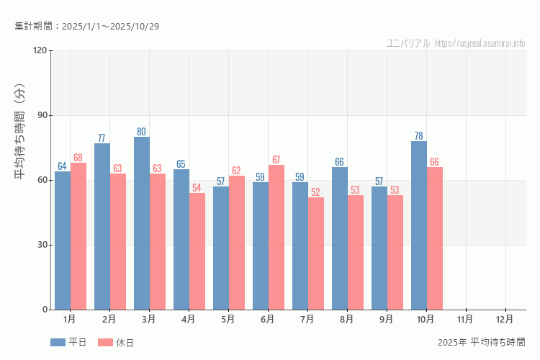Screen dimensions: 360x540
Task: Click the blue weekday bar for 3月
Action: point(142,223)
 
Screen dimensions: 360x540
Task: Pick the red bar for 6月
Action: point(276,238)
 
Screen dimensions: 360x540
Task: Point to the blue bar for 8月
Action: point(340,238)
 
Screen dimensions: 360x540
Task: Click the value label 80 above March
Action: point(142,132)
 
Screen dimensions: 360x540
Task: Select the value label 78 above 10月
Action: point(419,136)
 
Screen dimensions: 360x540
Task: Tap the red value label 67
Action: point(276,160)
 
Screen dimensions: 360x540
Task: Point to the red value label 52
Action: point(316,192)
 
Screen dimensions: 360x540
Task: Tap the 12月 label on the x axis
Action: point(505,318)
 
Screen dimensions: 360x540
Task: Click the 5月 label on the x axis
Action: point(228,318)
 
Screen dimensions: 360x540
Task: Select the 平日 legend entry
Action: point(69,343)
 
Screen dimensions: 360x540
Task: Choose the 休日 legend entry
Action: point(116,343)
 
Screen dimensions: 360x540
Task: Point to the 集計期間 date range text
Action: point(86,27)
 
